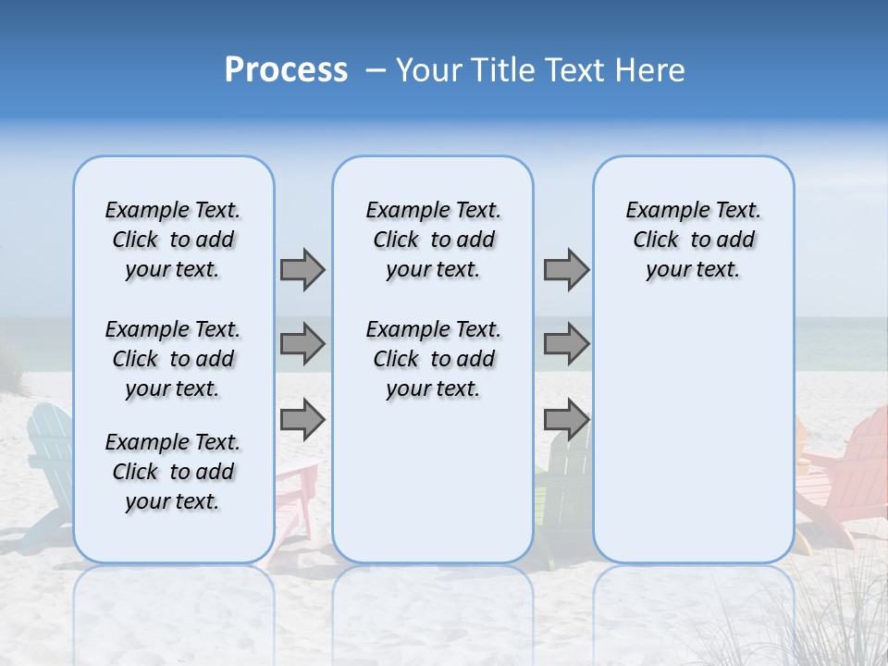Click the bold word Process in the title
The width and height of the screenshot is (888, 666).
point(286,70)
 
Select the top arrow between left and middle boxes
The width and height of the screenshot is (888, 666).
point(302,269)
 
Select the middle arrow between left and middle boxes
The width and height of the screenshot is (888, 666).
point(302,344)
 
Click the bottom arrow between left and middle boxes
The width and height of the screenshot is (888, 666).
point(302,420)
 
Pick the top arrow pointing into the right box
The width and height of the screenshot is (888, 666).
point(566,269)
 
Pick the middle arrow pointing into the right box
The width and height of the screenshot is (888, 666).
point(566,344)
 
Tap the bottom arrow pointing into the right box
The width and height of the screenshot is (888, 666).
point(566,420)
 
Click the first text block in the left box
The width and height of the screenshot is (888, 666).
point(173,240)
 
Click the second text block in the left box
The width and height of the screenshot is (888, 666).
point(173,359)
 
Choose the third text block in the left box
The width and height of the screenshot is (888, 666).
point(173,472)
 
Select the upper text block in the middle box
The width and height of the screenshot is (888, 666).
point(433,240)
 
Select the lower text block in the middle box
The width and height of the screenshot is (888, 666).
point(433,359)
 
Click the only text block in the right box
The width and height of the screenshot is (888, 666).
point(693,240)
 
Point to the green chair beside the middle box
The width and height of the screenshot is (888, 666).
point(552,499)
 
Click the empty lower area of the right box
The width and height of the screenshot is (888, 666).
point(693,444)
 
